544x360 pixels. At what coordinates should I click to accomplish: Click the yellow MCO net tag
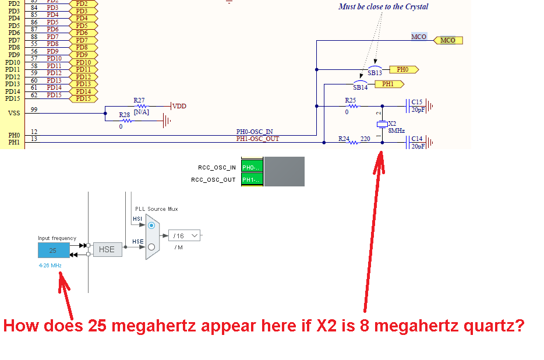(x=448, y=40)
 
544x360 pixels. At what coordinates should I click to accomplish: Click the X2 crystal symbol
(x=382, y=125)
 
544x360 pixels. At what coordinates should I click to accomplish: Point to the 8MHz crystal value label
(x=396, y=131)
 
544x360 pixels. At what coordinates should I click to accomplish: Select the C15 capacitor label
(x=416, y=102)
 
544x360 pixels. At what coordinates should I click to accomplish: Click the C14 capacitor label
(x=416, y=139)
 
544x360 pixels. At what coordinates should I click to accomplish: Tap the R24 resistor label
(x=344, y=139)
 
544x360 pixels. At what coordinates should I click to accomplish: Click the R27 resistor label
(x=139, y=100)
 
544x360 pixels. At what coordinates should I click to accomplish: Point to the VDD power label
(x=179, y=106)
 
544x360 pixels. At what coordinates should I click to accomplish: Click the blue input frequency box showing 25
(x=53, y=250)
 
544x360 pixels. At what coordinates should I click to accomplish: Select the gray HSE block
(x=107, y=250)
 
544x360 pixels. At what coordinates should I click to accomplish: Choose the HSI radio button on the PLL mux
(x=151, y=225)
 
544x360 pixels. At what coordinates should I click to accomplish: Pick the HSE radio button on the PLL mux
(x=151, y=247)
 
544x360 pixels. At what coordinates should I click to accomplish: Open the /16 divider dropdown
(x=185, y=236)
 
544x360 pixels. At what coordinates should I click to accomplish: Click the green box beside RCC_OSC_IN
(x=252, y=168)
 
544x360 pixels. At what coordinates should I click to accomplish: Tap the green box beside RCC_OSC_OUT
(x=252, y=179)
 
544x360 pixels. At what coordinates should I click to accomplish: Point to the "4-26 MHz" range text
(x=50, y=265)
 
